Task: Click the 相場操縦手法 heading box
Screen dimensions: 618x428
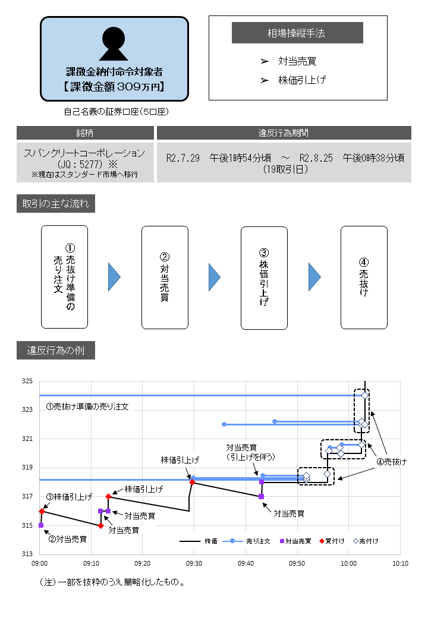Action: point(297,33)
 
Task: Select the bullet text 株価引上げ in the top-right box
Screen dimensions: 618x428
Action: point(302,80)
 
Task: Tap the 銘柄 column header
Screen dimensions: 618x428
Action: point(85,133)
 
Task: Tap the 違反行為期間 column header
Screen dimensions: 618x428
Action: point(284,133)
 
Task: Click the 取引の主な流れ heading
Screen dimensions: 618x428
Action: point(55,204)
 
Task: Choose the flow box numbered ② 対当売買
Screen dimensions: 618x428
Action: point(165,277)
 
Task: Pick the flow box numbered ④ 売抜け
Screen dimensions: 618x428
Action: point(364,277)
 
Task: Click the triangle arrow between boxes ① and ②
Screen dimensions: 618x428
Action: point(114,278)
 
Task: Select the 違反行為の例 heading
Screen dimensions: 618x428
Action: point(55,350)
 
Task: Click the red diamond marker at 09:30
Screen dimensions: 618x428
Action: point(193,483)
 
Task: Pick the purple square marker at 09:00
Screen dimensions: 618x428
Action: point(41,525)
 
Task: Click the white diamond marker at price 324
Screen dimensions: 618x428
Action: point(365,395)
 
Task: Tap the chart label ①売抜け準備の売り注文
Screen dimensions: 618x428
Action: point(87,408)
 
